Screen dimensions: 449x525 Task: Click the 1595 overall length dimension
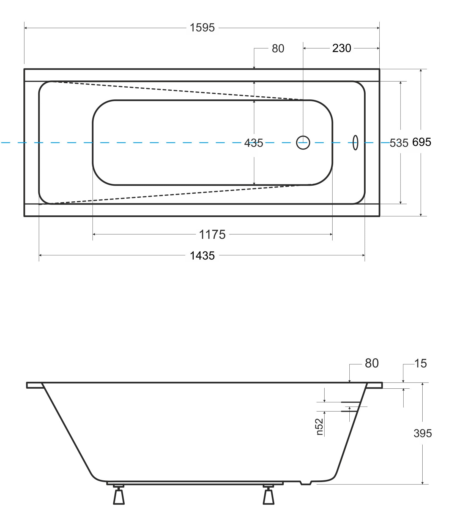click(202, 28)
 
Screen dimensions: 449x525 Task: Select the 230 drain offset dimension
click(342, 48)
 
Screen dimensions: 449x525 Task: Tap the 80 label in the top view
click(278, 48)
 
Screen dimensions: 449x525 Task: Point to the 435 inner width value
click(254, 143)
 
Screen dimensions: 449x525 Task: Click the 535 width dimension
click(399, 143)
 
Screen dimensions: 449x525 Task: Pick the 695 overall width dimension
click(421, 142)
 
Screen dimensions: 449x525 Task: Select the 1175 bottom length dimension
click(212, 235)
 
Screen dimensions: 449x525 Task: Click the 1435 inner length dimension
click(202, 256)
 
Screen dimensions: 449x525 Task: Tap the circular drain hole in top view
click(303, 143)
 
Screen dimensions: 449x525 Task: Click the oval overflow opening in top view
click(355, 143)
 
